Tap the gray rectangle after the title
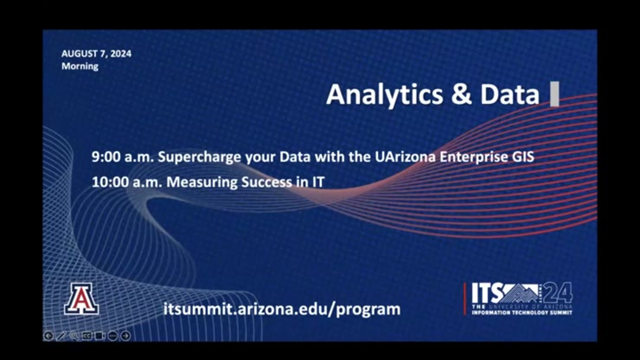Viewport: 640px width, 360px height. pos(555,94)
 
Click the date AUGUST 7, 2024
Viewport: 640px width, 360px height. pos(96,53)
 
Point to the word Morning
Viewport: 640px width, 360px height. pos(80,67)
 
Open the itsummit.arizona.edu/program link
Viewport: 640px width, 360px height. pos(283,309)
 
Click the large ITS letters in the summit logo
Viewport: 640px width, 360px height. pos(487,292)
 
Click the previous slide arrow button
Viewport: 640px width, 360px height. pos(48,335)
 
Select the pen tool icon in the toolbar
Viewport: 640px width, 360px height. pos(61,335)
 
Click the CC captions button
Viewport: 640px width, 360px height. pos(87,335)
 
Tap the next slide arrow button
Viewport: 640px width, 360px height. pos(125,335)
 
